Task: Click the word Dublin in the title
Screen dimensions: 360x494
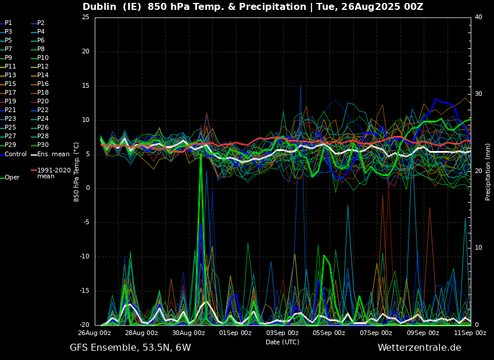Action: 102,7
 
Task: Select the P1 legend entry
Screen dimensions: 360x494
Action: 8,23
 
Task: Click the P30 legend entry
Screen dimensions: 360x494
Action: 43,145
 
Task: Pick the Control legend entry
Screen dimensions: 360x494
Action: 16,154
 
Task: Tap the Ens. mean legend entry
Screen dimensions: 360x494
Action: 53,154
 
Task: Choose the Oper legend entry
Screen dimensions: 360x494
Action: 12,178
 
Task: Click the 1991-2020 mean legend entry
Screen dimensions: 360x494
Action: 53,173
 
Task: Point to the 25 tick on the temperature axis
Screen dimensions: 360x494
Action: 85,17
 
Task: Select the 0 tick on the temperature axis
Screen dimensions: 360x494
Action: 87,188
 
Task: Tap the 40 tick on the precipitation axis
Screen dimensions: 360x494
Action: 478,17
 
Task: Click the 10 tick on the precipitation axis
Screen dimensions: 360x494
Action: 478,248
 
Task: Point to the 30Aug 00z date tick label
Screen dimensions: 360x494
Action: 188,333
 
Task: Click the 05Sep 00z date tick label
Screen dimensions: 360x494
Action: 329,333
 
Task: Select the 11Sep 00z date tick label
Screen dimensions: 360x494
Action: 470,333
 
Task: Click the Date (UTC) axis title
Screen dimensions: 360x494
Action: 282,343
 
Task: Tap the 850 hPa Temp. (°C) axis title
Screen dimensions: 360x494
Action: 77,171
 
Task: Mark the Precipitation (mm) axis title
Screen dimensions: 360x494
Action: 488,171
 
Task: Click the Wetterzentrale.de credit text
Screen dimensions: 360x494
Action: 419,348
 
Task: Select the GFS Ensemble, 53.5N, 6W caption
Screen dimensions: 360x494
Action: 130,348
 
